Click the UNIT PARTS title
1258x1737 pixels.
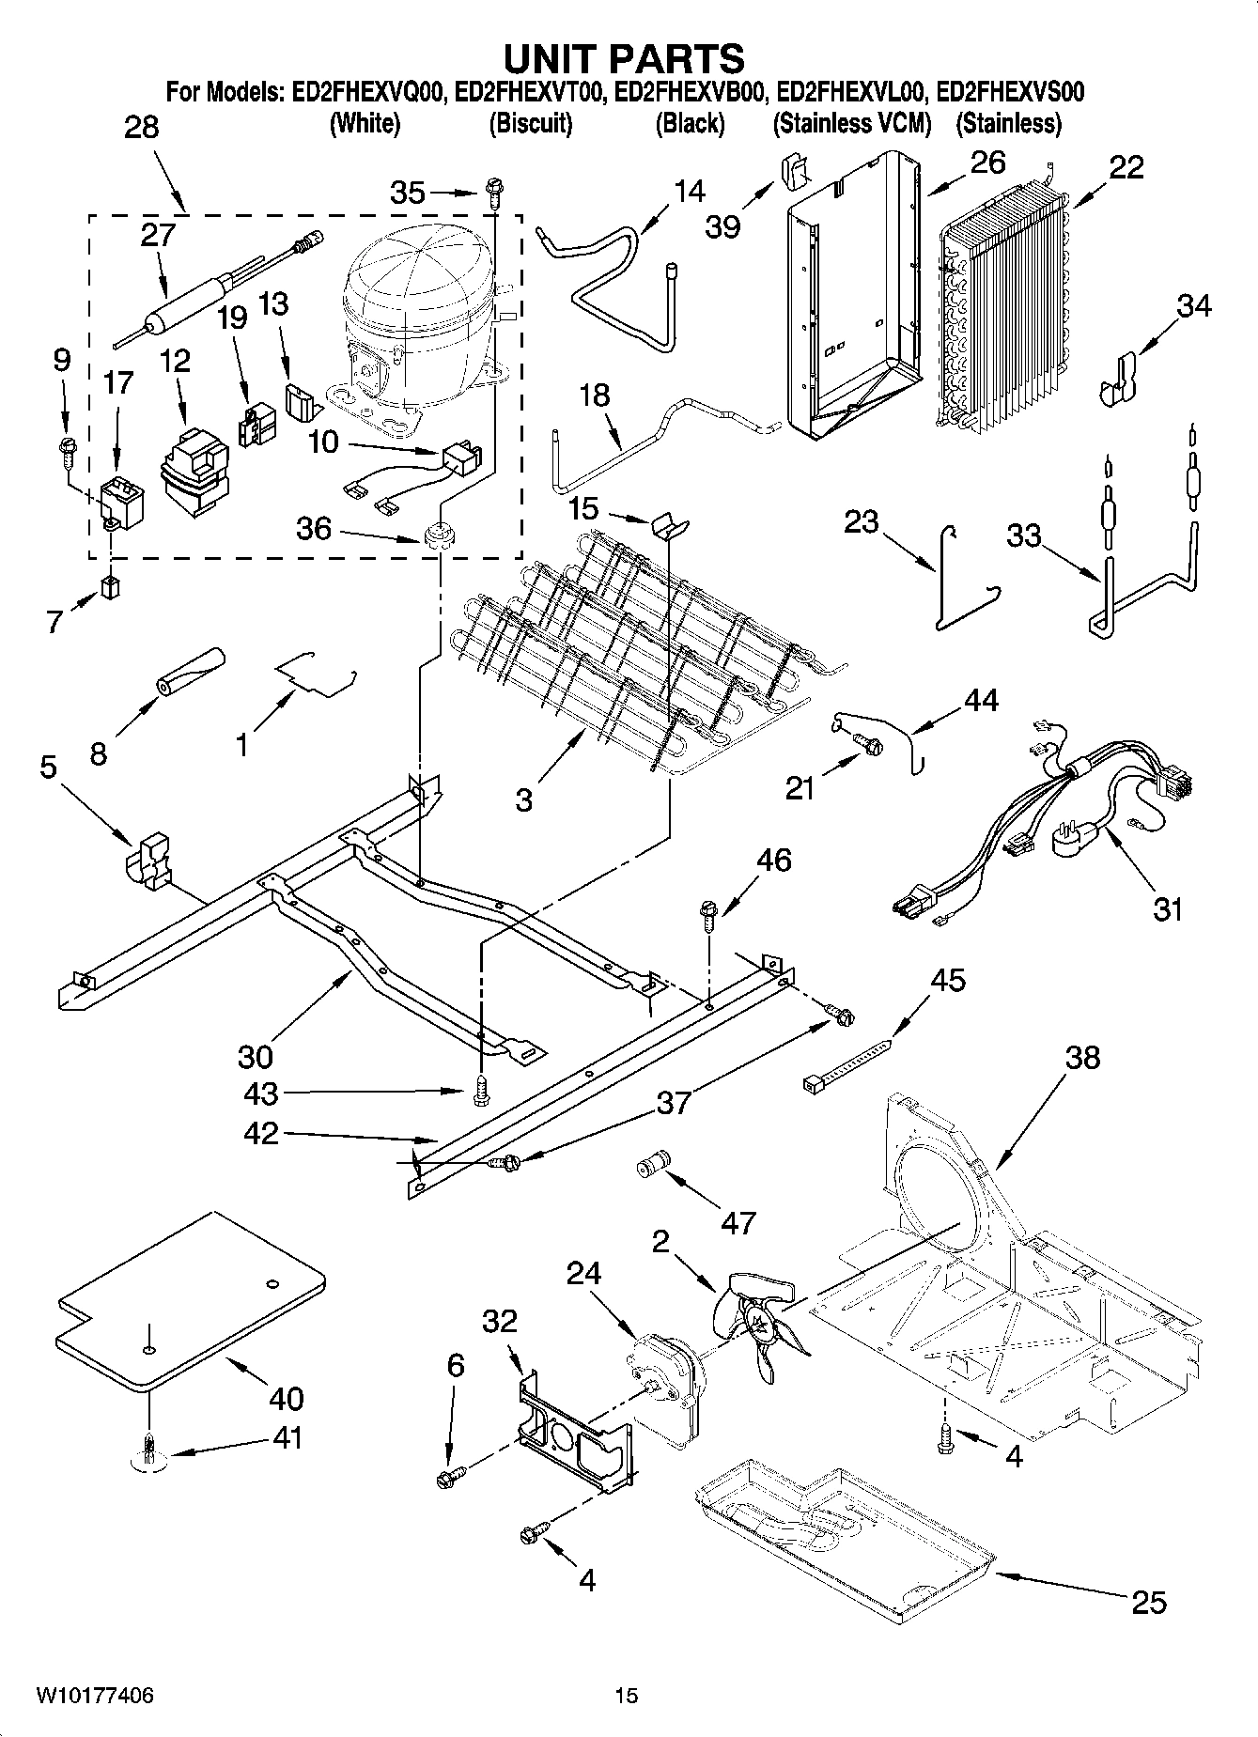tap(624, 58)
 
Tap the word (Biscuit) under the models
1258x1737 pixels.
tap(531, 122)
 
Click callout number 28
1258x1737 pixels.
tap(141, 128)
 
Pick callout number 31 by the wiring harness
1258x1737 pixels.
tap(1167, 908)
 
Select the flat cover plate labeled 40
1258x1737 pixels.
tap(188, 1301)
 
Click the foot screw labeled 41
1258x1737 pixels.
tap(148, 1452)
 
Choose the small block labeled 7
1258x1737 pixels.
tap(112, 589)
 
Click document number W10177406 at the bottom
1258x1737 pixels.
tap(94, 1695)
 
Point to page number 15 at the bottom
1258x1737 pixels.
tap(627, 1695)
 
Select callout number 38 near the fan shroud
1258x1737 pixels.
tap(1082, 1057)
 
